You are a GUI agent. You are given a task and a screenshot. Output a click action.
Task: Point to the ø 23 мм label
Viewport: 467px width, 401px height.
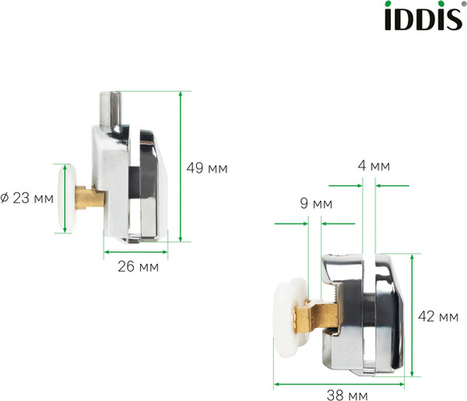27,198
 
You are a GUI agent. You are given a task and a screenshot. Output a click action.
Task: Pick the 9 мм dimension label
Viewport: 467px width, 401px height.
314,204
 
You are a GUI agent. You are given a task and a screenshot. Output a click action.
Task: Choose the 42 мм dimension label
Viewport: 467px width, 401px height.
437,316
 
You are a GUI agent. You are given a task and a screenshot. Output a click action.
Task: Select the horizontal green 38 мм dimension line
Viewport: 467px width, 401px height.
342,384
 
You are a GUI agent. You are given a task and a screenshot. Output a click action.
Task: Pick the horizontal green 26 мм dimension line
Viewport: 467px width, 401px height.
136,254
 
